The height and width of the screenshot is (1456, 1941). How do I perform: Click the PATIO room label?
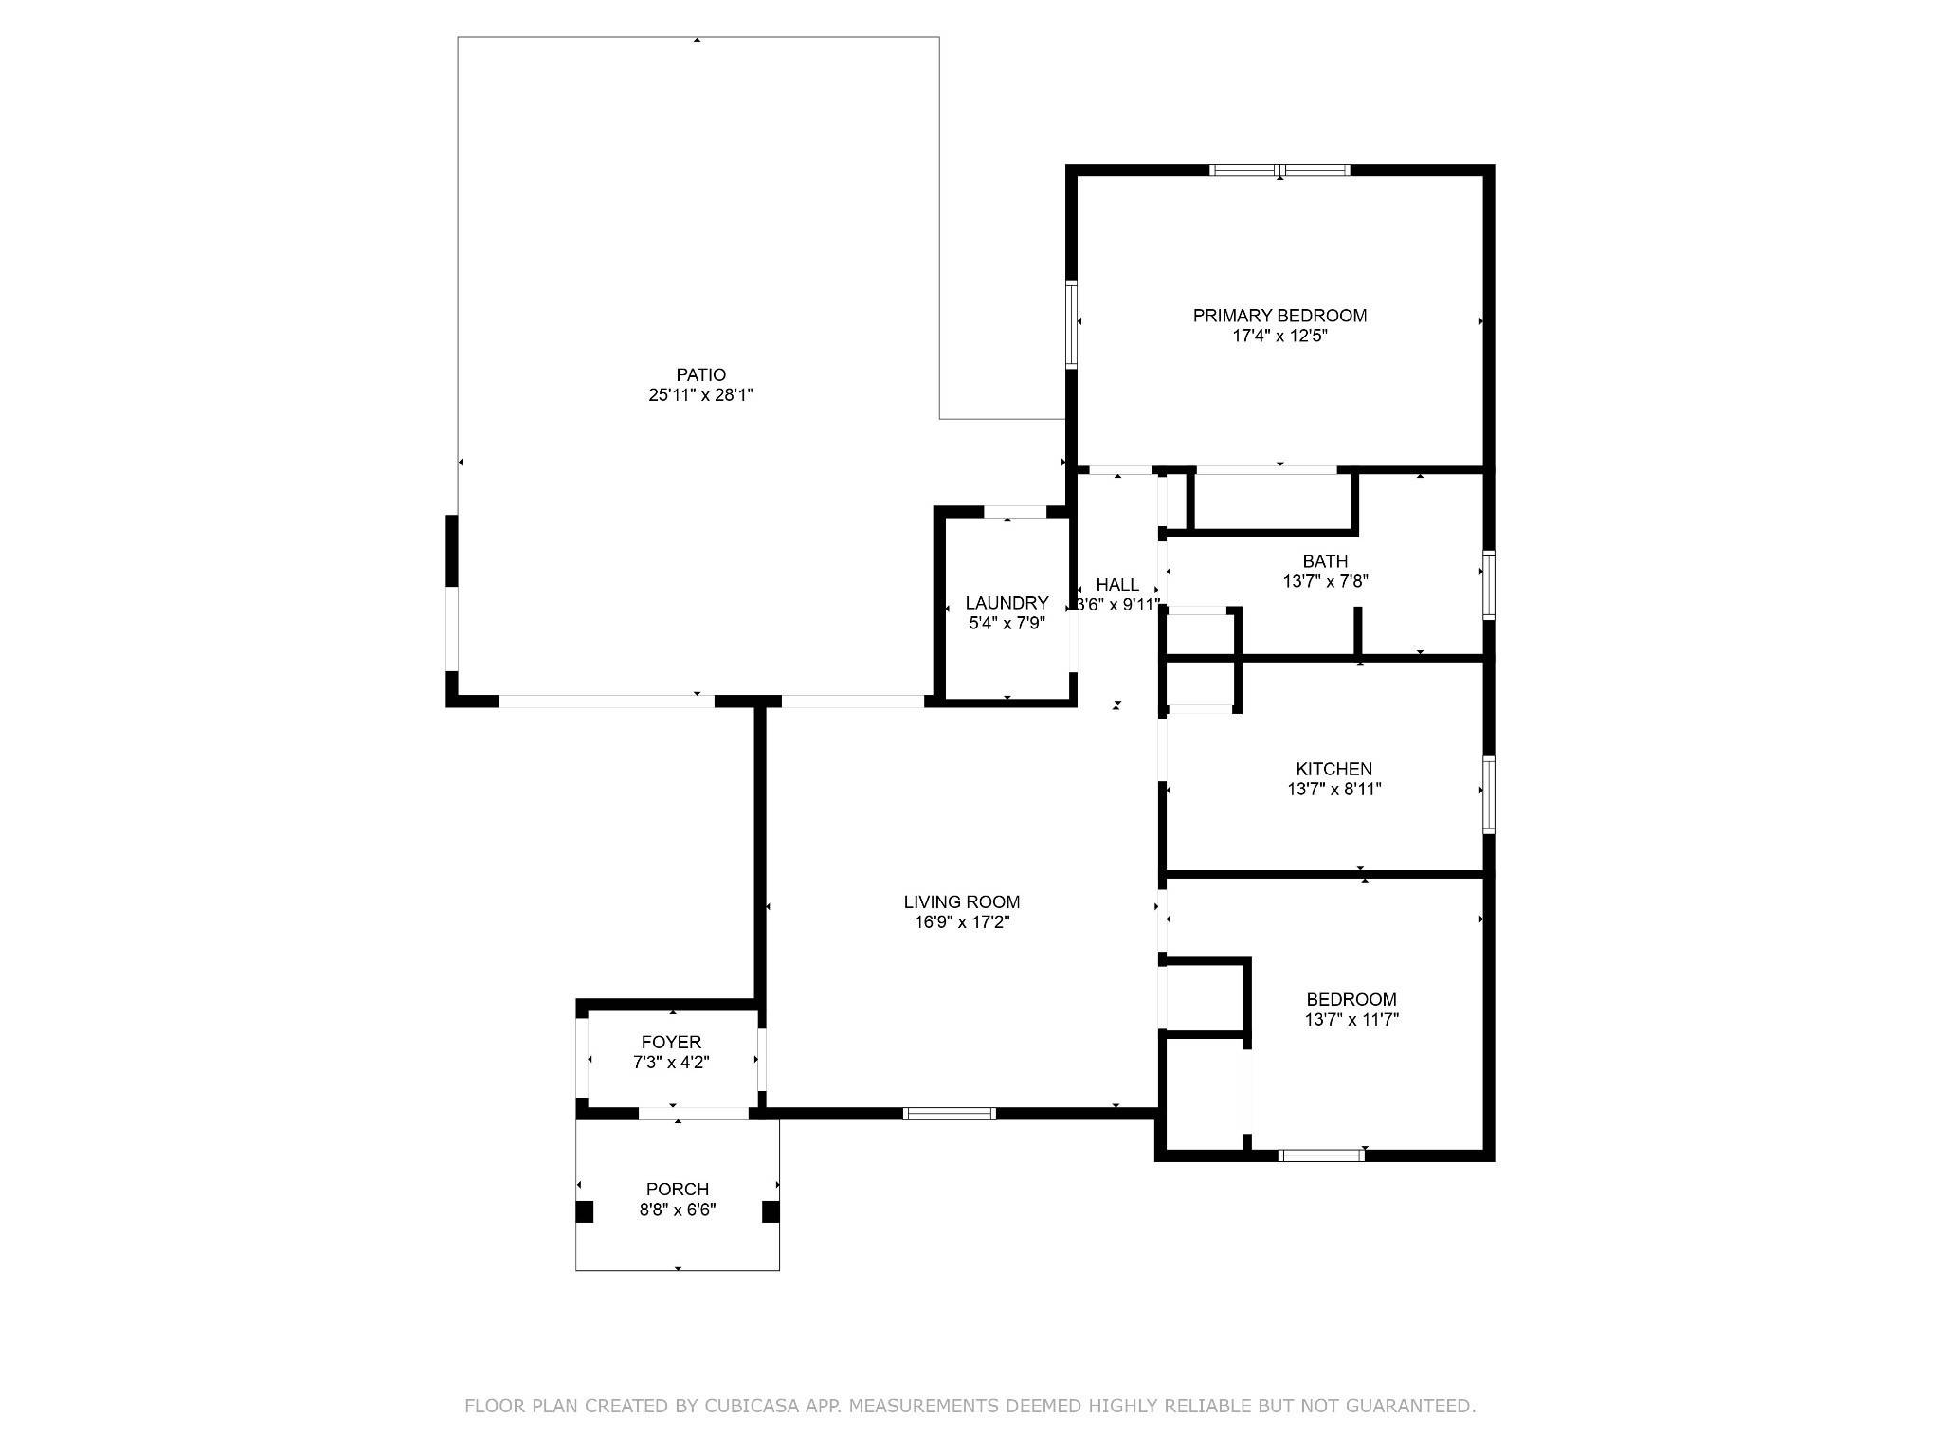pos(701,374)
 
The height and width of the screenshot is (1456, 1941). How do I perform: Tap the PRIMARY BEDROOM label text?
pos(1279,316)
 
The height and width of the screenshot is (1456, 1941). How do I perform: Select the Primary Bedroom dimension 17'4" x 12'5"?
pos(1279,337)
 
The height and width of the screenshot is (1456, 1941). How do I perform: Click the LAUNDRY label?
pos(1007,603)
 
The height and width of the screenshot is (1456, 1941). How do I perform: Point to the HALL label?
pos(1117,584)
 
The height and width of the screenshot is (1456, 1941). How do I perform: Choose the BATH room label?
pos(1325,561)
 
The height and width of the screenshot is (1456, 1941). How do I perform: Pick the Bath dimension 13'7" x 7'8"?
pos(1325,582)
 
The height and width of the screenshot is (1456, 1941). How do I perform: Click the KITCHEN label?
pos(1333,769)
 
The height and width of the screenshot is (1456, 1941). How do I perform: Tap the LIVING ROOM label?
pos(961,901)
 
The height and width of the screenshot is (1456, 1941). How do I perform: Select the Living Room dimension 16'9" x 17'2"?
pos(961,922)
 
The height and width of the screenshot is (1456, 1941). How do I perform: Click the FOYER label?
pos(671,1043)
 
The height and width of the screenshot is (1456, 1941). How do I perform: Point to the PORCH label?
pos(677,1189)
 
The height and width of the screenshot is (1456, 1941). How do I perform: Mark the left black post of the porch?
pos(585,1211)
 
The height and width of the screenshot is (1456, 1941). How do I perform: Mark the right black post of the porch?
pos(771,1211)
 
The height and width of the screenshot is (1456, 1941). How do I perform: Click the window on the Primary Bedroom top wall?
pos(1279,171)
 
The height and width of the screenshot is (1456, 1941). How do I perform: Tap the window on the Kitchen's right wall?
pos(1489,794)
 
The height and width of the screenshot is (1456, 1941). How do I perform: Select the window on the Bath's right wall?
pos(1489,585)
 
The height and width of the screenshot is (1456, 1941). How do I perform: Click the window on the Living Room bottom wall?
pos(949,1114)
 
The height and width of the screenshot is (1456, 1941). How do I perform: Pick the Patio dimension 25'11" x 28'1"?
pos(700,395)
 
